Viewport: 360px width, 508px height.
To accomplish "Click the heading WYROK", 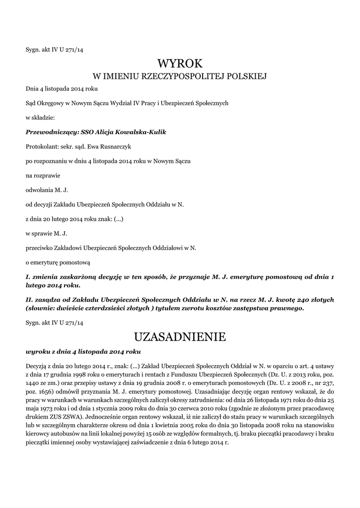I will click(180, 64).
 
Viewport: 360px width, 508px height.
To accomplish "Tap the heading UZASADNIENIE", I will click(180, 337).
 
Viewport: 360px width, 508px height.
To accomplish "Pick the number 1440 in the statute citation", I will click(33, 384).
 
